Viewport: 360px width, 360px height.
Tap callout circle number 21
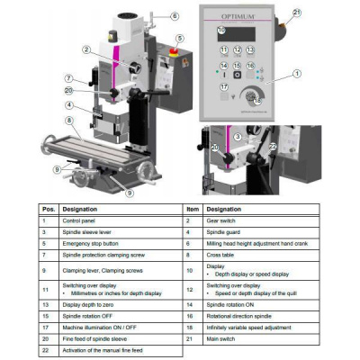click(298, 13)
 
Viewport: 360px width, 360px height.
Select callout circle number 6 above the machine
click(174, 16)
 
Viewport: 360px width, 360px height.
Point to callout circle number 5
click(180, 39)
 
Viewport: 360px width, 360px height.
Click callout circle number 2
click(85, 50)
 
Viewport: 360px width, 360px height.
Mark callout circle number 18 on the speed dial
click(258, 102)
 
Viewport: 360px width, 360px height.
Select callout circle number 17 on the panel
click(223, 87)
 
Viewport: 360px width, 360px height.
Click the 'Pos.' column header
click(46, 207)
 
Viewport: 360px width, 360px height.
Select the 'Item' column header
click(191, 207)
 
